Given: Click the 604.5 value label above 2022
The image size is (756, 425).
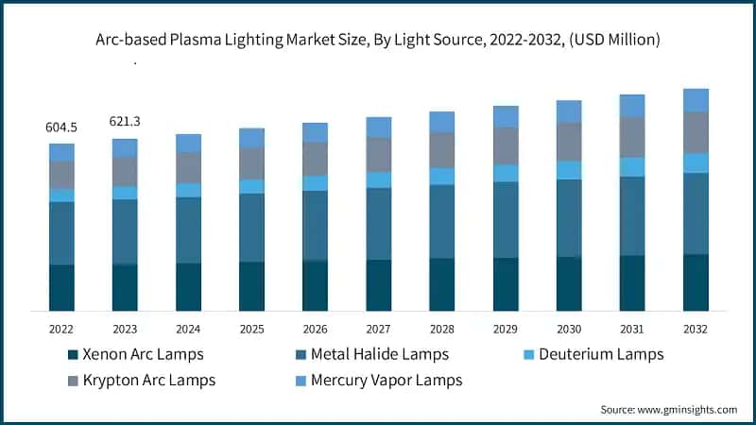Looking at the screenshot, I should pos(61,127).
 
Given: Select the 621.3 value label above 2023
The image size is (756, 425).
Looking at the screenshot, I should pos(125,122).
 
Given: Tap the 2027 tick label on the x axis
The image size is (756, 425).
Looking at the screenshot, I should pos(378,329).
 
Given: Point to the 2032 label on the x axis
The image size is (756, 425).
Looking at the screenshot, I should pos(696,329).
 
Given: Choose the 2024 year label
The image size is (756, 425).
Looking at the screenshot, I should pos(188,329).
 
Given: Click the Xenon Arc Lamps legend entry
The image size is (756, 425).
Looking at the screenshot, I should pos(142,354).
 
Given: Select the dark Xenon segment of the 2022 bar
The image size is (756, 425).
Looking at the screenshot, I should pos(61,287).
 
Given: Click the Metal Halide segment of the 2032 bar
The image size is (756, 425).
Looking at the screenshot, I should pos(696,213).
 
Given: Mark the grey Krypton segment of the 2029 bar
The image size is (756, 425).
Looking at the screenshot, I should pos(506,145).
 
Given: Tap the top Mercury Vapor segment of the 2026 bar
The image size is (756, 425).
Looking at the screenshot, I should pos(315,132).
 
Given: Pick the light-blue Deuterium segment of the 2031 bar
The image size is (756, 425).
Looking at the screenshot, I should pos(632,166).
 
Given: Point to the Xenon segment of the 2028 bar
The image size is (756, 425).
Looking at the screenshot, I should pos(441,284).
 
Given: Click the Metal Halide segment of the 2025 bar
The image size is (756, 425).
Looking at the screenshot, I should pos(251,228).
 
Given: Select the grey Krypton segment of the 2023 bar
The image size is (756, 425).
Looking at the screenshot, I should pos(125,171).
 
